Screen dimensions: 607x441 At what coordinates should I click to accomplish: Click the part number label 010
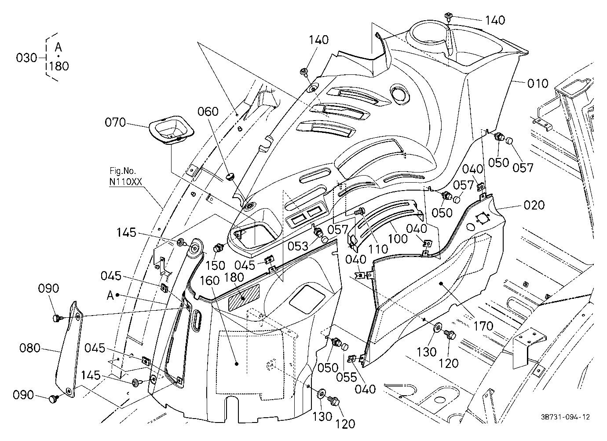pyautogui.click(x=538, y=83)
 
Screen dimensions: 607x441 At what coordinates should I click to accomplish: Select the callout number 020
pyautogui.click(x=534, y=205)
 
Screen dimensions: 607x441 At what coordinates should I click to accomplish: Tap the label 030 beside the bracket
pyautogui.click(x=26, y=58)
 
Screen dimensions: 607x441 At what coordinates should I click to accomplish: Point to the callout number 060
pyautogui.click(x=208, y=111)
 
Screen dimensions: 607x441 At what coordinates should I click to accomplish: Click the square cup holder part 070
pyautogui.click(x=172, y=130)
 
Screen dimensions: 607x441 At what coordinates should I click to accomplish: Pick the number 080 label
pyautogui.click(x=30, y=348)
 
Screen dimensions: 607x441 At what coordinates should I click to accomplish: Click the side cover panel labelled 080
pyautogui.click(x=69, y=349)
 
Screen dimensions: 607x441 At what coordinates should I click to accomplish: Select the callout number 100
pyautogui.click(x=398, y=239)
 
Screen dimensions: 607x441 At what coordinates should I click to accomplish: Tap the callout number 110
pyautogui.click(x=378, y=249)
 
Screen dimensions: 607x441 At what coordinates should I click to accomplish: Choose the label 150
pyautogui.click(x=215, y=266)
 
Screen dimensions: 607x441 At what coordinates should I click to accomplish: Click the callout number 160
pyautogui.click(x=209, y=281)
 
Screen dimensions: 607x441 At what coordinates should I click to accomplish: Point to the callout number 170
pyautogui.click(x=483, y=326)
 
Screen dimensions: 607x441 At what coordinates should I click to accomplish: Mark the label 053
pyautogui.click(x=298, y=246)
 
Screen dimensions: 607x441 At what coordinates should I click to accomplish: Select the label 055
pyautogui.click(x=347, y=377)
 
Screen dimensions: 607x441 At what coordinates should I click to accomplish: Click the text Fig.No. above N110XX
pyautogui.click(x=123, y=171)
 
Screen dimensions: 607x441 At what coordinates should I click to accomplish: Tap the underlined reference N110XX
pyautogui.click(x=125, y=182)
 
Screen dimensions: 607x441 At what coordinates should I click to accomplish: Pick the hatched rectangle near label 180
pyautogui.click(x=244, y=298)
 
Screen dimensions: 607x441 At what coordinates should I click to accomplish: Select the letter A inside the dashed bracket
pyautogui.click(x=58, y=48)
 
